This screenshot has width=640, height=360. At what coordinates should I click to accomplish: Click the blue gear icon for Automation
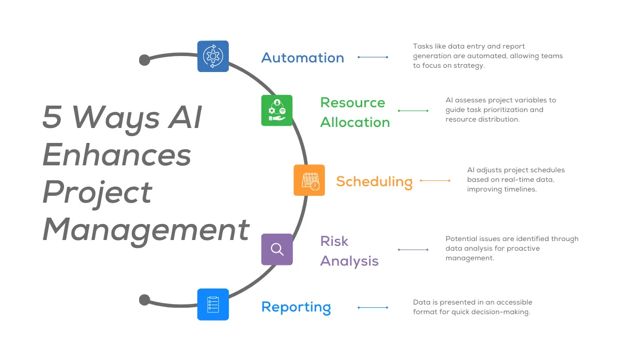click(x=213, y=56)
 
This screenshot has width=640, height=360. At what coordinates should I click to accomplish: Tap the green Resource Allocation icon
click(x=277, y=110)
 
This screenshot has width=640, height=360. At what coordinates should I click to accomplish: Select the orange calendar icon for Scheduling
click(x=309, y=180)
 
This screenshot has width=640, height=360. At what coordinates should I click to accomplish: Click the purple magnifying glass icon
click(x=277, y=249)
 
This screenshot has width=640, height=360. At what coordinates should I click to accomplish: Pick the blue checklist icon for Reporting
click(x=213, y=305)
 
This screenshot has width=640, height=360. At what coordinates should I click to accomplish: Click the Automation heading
click(x=302, y=58)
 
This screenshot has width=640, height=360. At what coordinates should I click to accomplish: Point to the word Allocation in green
click(x=355, y=122)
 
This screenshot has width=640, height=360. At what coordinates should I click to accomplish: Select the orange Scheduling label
click(x=374, y=181)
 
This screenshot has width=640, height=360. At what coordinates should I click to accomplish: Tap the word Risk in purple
click(x=334, y=241)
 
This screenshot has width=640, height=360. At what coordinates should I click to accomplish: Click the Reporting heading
click(x=296, y=307)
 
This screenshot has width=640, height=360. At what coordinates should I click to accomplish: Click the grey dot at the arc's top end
click(x=145, y=60)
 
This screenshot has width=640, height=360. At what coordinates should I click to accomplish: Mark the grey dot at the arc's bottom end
click(x=145, y=300)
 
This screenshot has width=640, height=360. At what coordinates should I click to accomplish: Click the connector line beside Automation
click(x=373, y=57)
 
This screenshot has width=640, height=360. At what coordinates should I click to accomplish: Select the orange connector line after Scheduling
click(x=435, y=181)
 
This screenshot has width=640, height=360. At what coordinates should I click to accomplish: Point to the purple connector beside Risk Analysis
click(x=413, y=250)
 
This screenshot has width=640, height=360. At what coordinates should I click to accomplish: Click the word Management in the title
click(x=146, y=229)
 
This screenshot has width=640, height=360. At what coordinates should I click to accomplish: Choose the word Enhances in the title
click(x=117, y=155)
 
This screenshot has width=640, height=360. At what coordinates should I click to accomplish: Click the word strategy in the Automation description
click(x=468, y=66)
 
